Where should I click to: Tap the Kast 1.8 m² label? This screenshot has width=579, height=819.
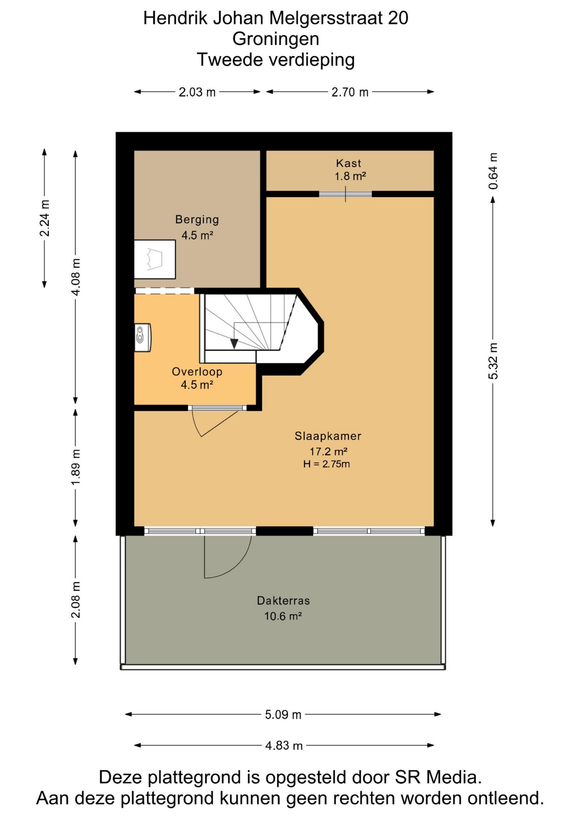point(350,169)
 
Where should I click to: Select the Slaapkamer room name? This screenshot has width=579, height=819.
point(328,436)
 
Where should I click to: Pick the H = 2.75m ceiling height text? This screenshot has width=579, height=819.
point(327,464)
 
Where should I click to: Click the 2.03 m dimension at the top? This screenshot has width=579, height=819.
point(197,92)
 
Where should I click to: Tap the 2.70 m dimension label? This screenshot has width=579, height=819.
point(350,92)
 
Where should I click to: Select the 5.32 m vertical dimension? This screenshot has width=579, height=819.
point(493,361)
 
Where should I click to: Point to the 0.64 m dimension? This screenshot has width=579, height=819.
point(493,171)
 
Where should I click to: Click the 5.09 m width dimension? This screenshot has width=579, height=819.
point(283,714)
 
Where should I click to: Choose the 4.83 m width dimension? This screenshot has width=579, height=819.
point(284,746)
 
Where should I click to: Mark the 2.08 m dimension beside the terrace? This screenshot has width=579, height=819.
point(75,599)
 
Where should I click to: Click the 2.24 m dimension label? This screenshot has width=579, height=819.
point(44,218)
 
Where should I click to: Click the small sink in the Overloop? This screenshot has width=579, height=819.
point(143,338)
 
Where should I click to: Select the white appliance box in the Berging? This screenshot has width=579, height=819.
point(155,259)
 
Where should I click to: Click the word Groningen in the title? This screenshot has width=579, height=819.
point(276,39)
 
